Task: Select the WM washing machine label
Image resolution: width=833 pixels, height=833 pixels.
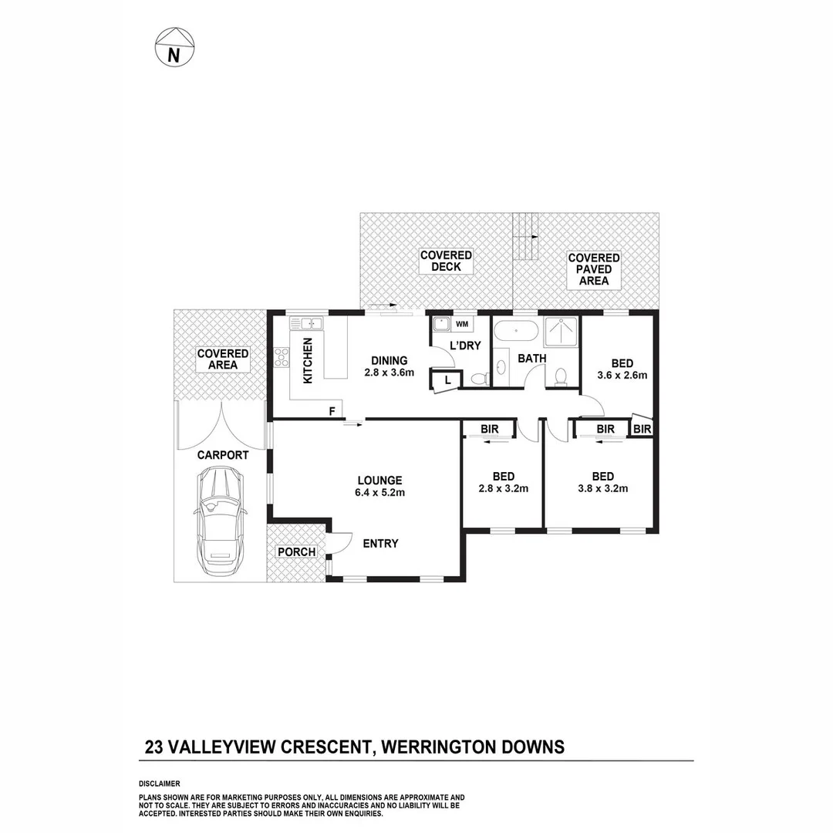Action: click(x=462, y=324)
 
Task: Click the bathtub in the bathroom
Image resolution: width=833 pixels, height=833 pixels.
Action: click(x=516, y=332)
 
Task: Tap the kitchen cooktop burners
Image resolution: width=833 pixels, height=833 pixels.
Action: click(x=281, y=358)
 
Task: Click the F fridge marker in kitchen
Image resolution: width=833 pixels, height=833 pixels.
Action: click(x=332, y=411)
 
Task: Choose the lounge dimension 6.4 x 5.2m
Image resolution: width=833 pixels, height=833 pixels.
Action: click(x=379, y=492)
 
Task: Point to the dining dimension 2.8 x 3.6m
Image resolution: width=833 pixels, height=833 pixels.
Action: click(x=390, y=373)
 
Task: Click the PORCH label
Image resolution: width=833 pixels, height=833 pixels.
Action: click(x=296, y=552)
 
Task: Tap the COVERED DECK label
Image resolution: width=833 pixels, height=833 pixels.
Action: click(x=446, y=261)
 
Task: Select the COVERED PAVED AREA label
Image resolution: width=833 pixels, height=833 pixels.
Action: click(x=594, y=269)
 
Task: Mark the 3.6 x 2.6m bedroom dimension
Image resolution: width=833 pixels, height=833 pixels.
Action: click(x=622, y=376)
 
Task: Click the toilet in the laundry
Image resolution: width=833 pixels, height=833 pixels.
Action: click(x=479, y=378)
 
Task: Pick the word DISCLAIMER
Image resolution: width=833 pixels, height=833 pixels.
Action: click(x=160, y=783)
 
